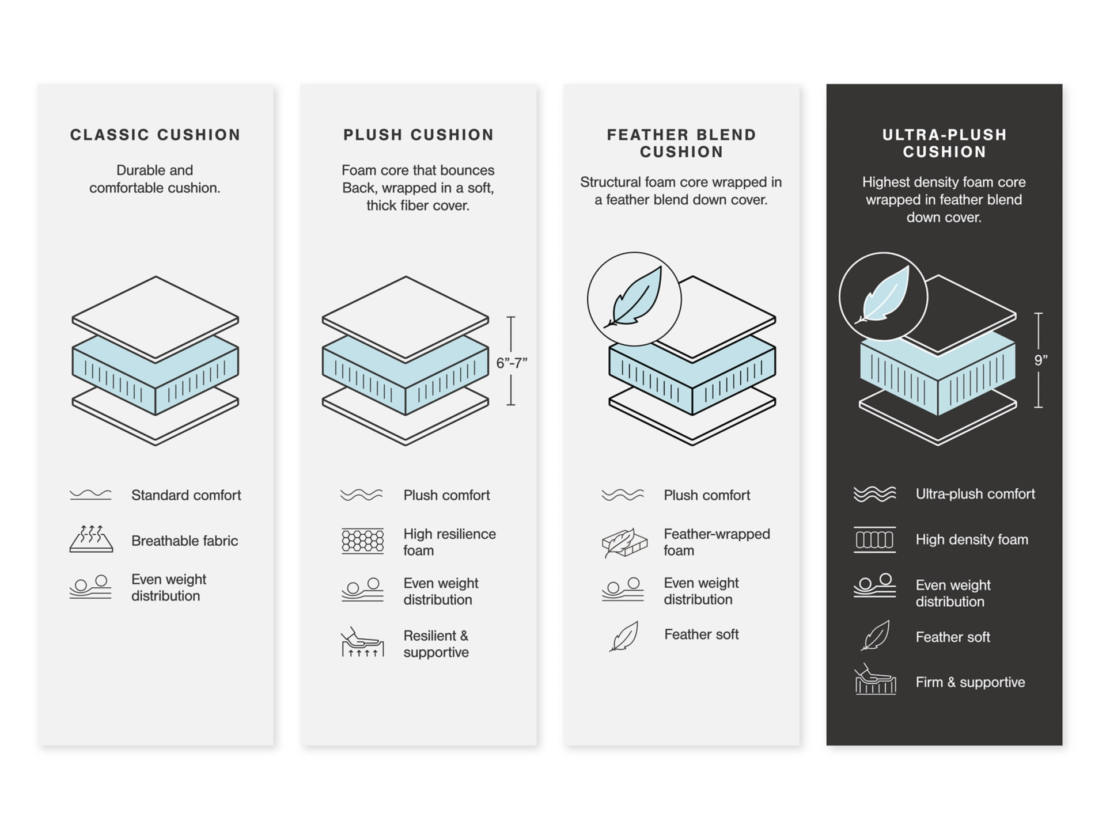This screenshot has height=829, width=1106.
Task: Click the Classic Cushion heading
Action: coord(155,135)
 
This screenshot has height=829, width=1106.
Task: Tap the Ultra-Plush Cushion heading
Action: coord(944,143)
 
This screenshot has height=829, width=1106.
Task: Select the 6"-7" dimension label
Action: coord(512,363)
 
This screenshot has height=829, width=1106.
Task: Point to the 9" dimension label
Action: coord(1040,360)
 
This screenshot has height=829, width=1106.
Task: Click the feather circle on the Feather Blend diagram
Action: coord(634,299)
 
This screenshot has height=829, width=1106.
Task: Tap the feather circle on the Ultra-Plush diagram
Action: coord(883,296)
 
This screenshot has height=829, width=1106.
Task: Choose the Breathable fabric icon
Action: coord(91,539)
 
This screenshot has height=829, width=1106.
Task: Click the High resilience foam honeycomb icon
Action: coord(362,541)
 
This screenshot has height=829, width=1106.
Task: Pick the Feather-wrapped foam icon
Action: coord(624,542)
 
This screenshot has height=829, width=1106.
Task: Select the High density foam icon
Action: coord(874,539)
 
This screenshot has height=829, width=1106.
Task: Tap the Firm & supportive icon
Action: coord(875,680)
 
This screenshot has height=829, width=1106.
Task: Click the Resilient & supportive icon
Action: coord(362,643)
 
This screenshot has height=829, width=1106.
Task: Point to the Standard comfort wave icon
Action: coord(90,495)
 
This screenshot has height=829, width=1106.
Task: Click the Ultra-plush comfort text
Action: coord(975,494)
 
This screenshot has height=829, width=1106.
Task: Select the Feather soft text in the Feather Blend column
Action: coord(701,634)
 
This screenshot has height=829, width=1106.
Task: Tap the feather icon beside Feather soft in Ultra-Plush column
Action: coord(876,636)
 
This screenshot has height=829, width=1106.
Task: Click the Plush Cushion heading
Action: coord(419,135)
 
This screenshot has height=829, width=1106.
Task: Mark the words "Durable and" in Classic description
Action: coord(154,170)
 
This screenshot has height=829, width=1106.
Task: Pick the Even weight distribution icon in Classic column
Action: coord(90,587)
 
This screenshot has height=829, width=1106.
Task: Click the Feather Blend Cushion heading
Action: coord(681,143)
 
